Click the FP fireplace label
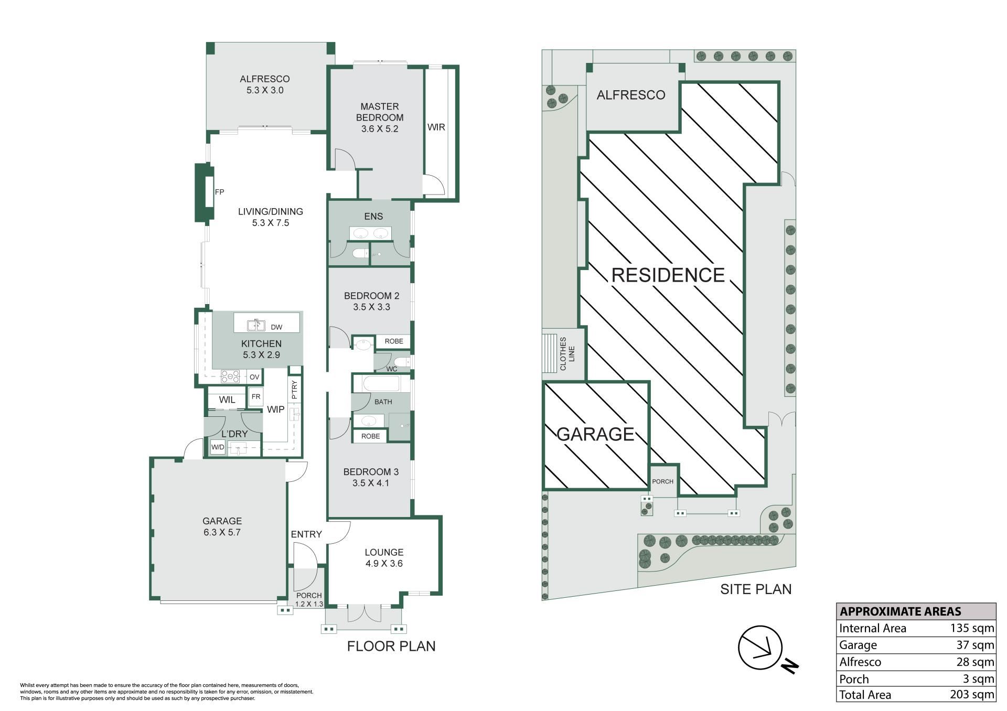tap(219, 192)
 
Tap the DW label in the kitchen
tap(276, 327)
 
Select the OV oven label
tap(254, 377)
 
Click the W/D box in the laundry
tap(218, 447)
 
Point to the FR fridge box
tap(256, 397)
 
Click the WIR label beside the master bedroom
tap(436, 127)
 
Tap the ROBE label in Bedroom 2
tap(394, 341)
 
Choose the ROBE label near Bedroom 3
tap(371, 436)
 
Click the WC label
tap(392, 369)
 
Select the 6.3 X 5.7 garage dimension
tap(222, 532)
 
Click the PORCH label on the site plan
tap(663, 481)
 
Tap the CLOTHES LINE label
tap(567, 354)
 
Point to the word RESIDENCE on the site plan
tap(668, 275)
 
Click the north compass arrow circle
tap(760, 647)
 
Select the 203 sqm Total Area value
tap(972, 695)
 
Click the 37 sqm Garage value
tap(976, 645)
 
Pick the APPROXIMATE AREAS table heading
tap(901, 611)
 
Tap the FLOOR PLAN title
tap(391, 646)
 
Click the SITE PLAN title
tap(756, 589)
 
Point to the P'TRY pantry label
tap(294, 390)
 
